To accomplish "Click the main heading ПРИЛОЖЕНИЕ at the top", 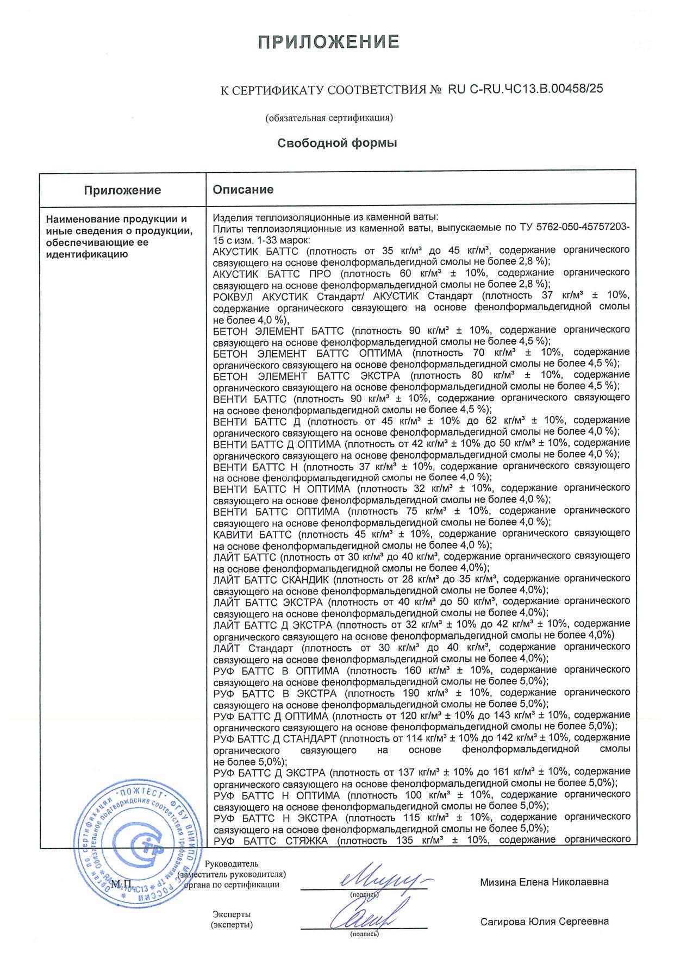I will tap(329, 42).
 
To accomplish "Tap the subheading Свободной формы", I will tap(337, 143).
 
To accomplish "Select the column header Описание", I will tap(243, 190).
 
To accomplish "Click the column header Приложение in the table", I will tap(122, 190).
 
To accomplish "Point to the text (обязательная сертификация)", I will tap(329, 117).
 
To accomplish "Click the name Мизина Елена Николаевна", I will tap(544, 882).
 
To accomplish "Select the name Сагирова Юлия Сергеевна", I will tap(544, 921).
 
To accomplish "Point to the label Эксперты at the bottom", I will tap(232, 914).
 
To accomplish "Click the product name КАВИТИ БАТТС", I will tap(252, 534).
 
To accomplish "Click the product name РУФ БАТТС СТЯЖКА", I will tap(271, 841).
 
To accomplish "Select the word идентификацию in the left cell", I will tap(87, 254).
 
